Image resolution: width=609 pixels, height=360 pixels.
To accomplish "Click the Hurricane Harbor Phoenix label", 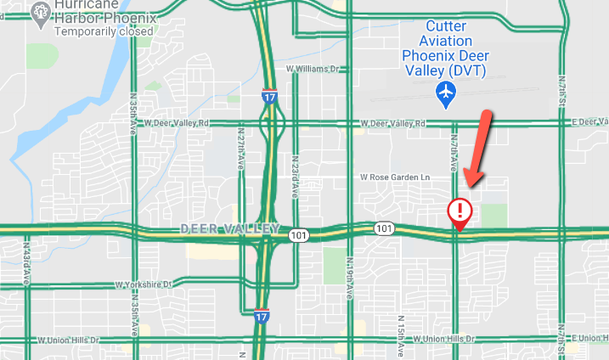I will tap(104, 11).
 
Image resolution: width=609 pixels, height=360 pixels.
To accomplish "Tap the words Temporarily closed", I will tap(104, 31).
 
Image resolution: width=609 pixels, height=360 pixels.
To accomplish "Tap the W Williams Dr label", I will tap(312, 68).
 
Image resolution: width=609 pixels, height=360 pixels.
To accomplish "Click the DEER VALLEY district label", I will tap(229, 229).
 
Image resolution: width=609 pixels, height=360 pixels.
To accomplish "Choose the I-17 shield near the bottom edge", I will tap(264, 316).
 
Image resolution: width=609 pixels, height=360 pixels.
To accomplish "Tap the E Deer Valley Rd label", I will tap(589, 122).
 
